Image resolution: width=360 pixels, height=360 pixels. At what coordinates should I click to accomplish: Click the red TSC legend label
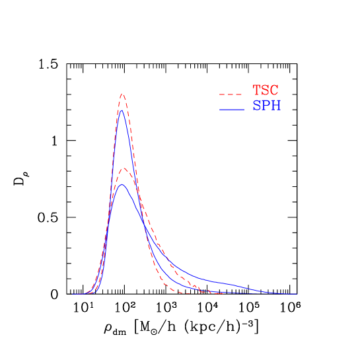(x=266, y=90)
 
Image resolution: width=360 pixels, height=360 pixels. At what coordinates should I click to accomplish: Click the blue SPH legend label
(x=267, y=106)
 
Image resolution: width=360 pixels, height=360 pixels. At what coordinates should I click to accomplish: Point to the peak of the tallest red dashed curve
(x=122, y=94)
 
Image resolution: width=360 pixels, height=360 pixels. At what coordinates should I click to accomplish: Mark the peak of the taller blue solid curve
(x=122, y=110)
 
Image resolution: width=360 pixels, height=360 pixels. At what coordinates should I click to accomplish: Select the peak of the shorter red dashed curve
(x=123, y=168)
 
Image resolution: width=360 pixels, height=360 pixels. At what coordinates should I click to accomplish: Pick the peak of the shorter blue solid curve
(x=122, y=184)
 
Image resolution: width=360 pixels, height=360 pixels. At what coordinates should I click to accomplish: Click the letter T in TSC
(x=257, y=90)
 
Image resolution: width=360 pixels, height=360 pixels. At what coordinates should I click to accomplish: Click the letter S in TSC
(x=266, y=90)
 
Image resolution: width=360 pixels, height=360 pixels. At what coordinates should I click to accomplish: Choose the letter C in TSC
(x=275, y=90)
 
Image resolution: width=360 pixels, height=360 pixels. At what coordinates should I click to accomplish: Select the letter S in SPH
(x=257, y=106)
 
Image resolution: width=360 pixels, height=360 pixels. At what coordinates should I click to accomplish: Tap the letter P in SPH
(x=266, y=106)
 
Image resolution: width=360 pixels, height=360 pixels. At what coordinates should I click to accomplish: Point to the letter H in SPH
(x=276, y=106)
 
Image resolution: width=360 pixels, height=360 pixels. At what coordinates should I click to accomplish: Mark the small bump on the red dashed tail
(x=209, y=291)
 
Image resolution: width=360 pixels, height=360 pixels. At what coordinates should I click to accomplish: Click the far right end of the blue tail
(x=295, y=294)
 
